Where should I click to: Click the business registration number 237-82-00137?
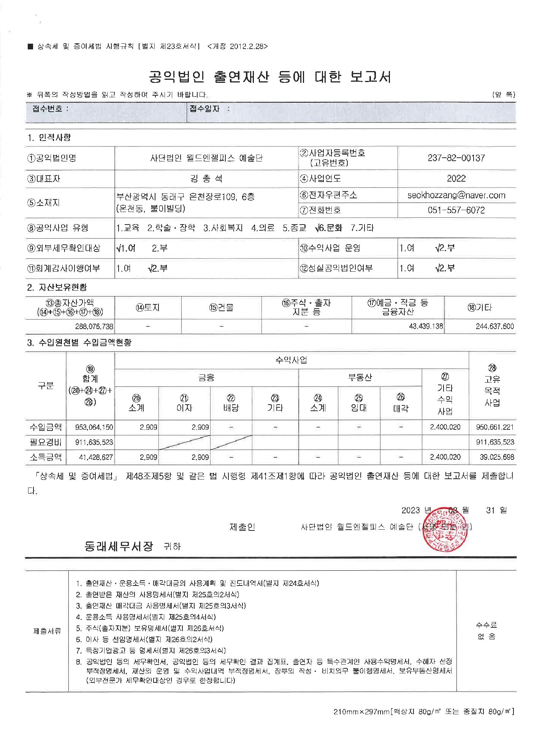point(456,158)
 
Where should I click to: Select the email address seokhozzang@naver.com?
point(456,195)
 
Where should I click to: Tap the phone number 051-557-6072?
point(456,210)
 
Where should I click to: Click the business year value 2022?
point(456,179)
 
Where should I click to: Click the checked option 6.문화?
point(329,228)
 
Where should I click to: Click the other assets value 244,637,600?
point(494,326)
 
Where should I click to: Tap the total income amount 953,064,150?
point(94,427)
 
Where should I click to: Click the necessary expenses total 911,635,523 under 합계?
point(94,442)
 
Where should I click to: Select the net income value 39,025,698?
point(496,457)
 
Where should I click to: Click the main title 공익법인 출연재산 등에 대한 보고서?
point(270,77)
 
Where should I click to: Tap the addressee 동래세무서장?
point(119,546)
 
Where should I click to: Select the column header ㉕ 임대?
point(358,403)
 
